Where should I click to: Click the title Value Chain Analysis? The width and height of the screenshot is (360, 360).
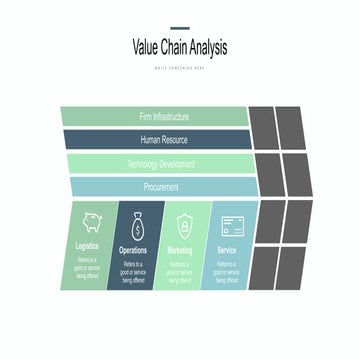pyautogui.click(x=180, y=46)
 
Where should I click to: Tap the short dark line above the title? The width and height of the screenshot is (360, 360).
pyautogui.click(x=180, y=28)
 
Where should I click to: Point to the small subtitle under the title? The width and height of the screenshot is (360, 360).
pyautogui.click(x=180, y=67)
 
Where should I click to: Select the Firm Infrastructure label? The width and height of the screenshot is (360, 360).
pyautogui.click(x=164, y=117)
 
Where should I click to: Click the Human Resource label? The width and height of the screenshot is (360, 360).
pyautogui.click(x=164, y=140)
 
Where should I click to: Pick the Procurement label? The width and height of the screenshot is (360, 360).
pyautogui.click(x=164, y=187)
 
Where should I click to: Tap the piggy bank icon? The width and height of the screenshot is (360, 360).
pyautogui.click(x=87, y=222)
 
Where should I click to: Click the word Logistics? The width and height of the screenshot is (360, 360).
pyautogui.click(x=87, y=247)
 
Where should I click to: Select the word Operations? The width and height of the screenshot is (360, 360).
pyautogui.click(x=133, y=250)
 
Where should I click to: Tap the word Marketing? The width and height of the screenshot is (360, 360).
pyautogui.click(x=180, y=250)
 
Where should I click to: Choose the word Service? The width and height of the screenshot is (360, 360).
pyautogui.click(x=227, y=250)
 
